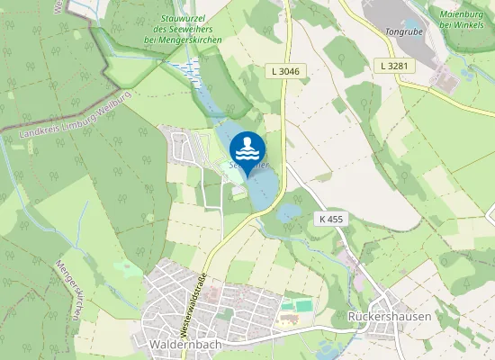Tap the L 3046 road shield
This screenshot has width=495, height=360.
(x=283, y=69)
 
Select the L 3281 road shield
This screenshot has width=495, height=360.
(x=394, y=65)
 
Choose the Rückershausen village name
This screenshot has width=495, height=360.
(x=389, y=317)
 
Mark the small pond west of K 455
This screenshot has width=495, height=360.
(x=290, y=213)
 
